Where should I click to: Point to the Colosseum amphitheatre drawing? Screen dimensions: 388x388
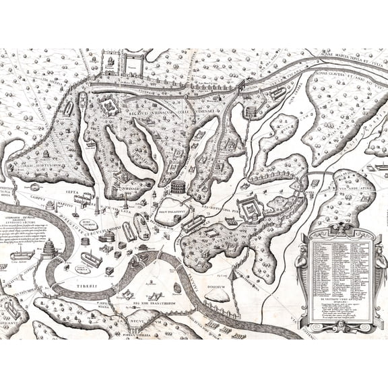(179, 186)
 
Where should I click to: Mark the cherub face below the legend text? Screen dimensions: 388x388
(341, 325)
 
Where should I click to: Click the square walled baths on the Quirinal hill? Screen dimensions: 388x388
(108, 108)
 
